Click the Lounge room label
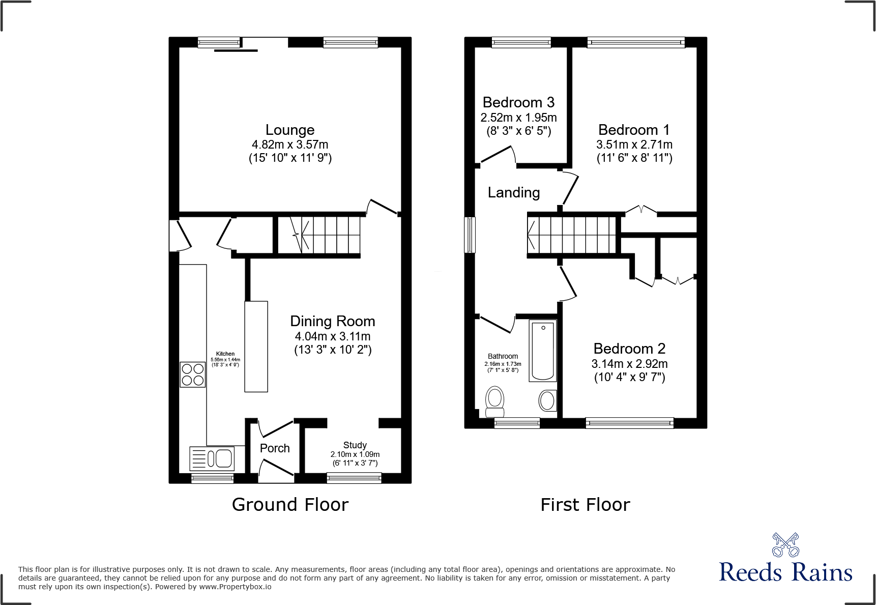point(290,130)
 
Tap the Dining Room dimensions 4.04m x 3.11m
point(333,336)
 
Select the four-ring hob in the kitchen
point(193,374)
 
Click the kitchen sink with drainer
point(212,458)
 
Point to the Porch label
point(275,448)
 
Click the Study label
point(355,445)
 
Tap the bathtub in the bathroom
point(543,351)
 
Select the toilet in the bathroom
point(494,401)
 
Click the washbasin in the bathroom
point(547,400)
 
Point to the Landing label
point(514,193)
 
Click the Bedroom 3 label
point(518,103)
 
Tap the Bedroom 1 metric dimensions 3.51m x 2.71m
point(634,145)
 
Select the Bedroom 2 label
point(629,349)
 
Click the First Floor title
point(585,505)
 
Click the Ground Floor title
point(290,505)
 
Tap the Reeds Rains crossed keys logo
point(785,545)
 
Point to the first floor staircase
point(572,235)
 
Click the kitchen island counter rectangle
point(256,347)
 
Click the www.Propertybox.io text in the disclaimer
point(235,587)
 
